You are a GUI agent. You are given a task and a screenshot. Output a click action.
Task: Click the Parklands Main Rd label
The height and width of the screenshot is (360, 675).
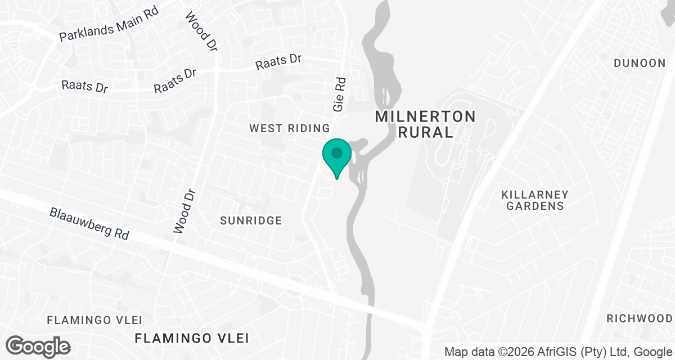click(110, 26)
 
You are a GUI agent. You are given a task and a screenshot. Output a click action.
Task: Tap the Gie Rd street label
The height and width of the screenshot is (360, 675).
click(339, 93)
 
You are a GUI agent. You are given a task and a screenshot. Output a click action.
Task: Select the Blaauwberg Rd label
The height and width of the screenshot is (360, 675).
click(89, 224)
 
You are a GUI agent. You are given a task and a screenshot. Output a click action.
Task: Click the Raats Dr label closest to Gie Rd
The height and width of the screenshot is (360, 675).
click(278, 62)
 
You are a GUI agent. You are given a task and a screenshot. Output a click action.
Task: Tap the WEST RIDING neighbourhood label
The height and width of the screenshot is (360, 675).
click(289, 129)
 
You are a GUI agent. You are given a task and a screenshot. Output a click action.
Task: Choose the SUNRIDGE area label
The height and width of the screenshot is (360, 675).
click(251, 220)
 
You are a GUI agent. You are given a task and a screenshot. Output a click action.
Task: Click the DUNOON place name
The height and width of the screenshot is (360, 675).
click(640, 63)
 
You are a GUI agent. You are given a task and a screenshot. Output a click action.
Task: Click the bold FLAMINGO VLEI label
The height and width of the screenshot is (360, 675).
click(192, 338)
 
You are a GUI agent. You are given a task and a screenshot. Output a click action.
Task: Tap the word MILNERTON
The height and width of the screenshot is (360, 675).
click(425, 117)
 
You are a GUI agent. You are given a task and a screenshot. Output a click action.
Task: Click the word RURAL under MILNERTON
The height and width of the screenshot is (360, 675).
click(425, 133)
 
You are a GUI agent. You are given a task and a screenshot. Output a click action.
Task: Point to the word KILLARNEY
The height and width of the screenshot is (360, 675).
click(535, 195)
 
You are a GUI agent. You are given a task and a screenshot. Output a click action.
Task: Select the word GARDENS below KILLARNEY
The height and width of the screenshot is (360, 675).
click(535, 206)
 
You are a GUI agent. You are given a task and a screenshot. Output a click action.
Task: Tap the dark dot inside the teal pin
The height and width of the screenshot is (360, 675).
click(337, 152)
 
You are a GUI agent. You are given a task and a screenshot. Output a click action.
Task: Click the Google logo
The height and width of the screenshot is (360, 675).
click(38, 346)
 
